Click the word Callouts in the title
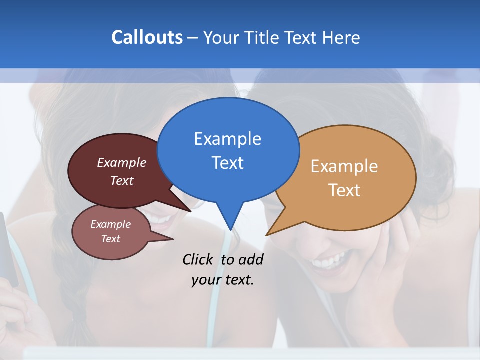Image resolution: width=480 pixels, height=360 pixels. coord(147,37)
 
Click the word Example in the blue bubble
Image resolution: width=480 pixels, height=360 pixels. coord(227,139)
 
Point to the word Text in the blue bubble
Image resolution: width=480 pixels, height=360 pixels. coord(227,163)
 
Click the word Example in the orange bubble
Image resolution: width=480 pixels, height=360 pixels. coord(344,166)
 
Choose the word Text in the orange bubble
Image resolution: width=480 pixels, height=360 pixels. coord(344,190)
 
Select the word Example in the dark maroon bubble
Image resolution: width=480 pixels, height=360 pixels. coord(121,162)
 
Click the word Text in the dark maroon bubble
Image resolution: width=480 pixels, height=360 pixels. coord(121,180)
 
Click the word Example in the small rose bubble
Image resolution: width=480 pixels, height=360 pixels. coord(110,224)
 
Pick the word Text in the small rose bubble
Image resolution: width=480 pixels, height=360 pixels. coord(110,239)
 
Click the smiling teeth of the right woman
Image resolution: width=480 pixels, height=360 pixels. coord(327,261)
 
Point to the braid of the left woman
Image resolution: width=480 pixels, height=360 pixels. coord(75,300)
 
